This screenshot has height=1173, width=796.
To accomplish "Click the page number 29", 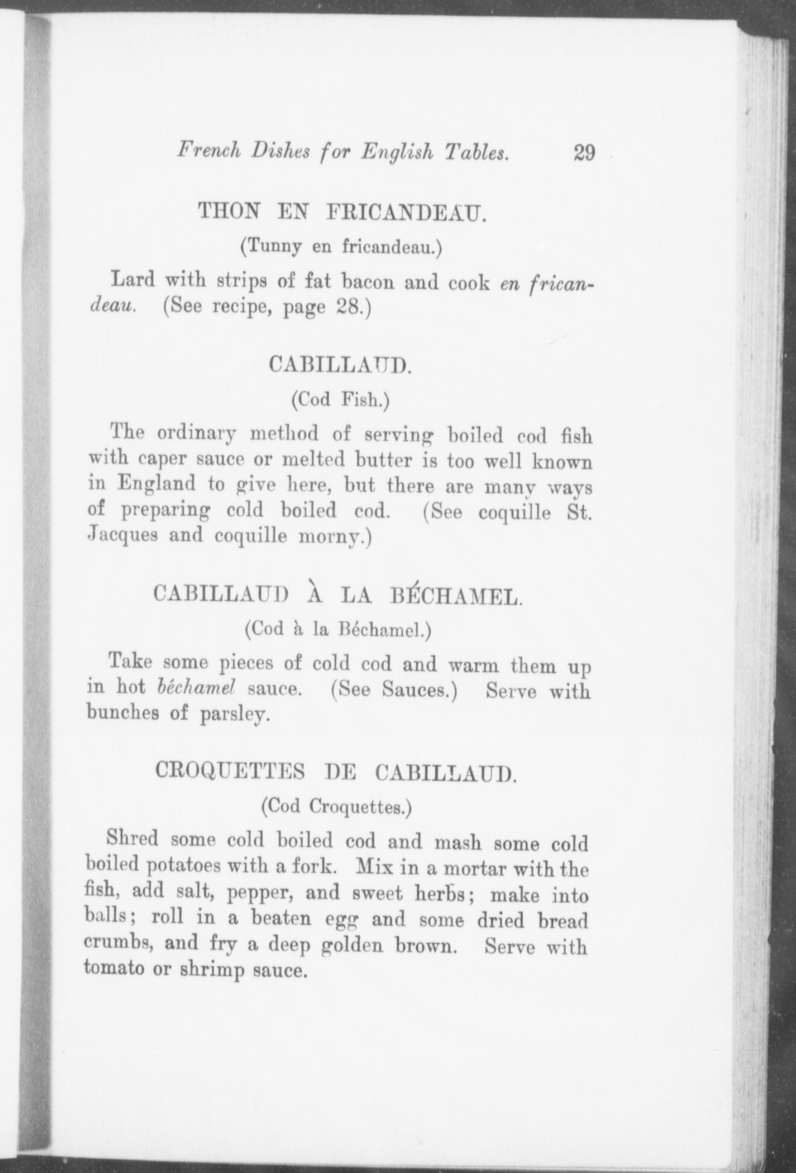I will click(584, 153).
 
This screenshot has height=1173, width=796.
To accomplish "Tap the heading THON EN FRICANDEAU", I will click(342, 212).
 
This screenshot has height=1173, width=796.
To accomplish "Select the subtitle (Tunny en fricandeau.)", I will click(341, 247).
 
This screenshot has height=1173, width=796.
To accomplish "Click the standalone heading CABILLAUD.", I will click(340, 364).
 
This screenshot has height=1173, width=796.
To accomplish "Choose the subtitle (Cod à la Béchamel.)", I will click(337, 629).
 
